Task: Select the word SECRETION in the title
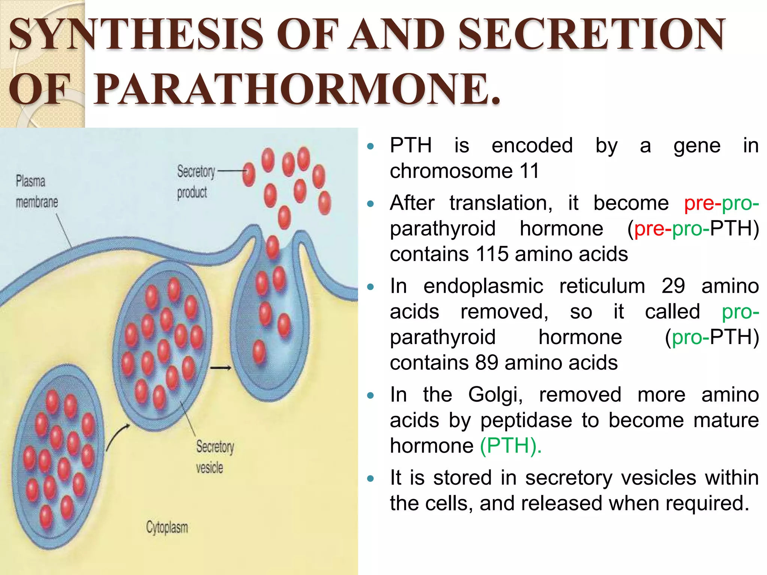[x=592, y=34]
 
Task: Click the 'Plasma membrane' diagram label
[x=36, y=192]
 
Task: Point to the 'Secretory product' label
[x=195, y=182]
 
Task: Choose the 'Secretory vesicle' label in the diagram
[x=215, y=457]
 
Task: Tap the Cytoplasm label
[x=167, y=527]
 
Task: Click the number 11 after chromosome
[x=529, y=171]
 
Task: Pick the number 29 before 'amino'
[x=673, y=286]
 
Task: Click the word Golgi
[x=495, y=395]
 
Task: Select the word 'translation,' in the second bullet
[x=501, y=203]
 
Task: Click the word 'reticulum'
[x=602, y=286]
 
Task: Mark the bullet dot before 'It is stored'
[x=371, y=478]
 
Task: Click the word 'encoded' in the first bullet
[x=532, y=146]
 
